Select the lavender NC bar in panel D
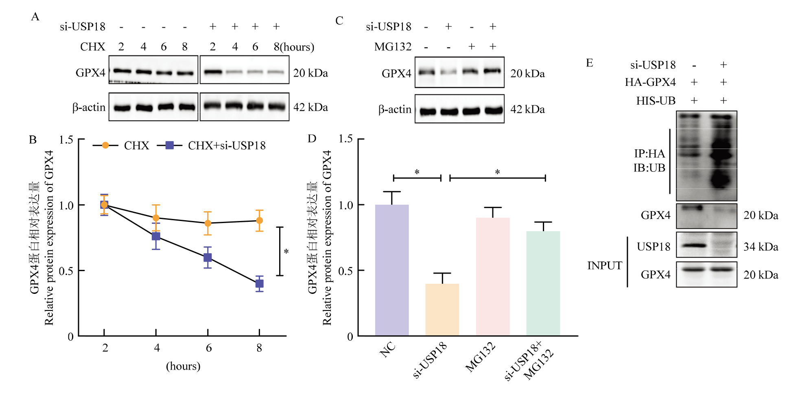tap(391, 270)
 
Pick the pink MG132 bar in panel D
tap(492, 277)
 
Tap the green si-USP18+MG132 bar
tap(543, 283)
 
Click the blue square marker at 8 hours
tap(260, 284)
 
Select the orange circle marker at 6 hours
tap(208, 223)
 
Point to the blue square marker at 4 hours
tap(156, 236)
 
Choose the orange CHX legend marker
tap(105, 145)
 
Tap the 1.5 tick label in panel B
tap(66, 140)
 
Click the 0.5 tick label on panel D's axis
tap(345, 271)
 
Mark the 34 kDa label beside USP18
tap(761, 247)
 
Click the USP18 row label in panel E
tap(653, 247)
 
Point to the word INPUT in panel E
tap(604, 265)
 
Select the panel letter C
tap(339, 20)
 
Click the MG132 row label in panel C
tap(393, 47)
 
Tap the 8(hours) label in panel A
tap(294, 47)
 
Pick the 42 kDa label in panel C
tap(527, 109)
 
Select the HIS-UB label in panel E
tap(656, 101)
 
